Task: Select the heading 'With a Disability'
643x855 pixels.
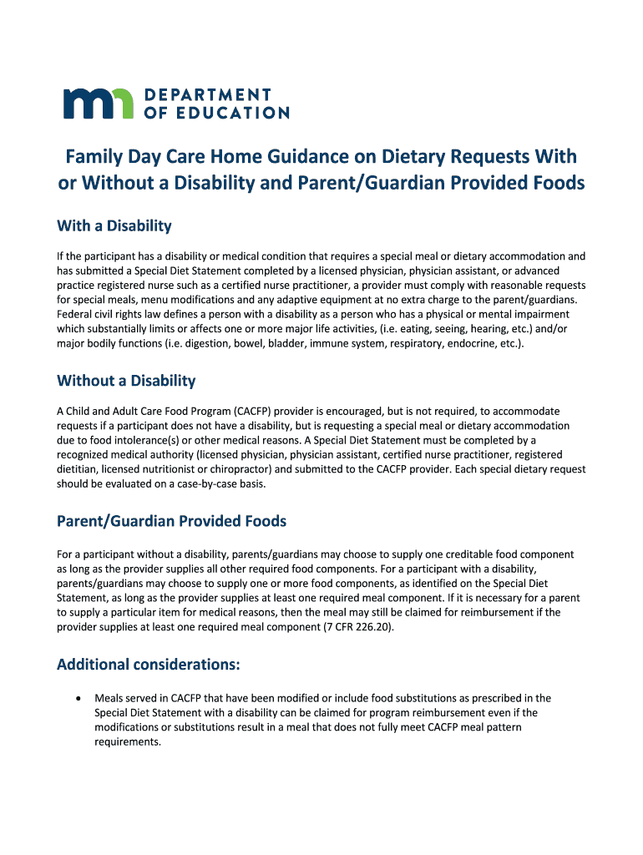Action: [114, 225]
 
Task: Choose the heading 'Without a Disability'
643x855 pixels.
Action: [126, 381]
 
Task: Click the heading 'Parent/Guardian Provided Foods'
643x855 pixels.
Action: [171, 521]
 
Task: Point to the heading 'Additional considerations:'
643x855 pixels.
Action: [149, 665]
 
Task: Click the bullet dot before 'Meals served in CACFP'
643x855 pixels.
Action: [78, 698]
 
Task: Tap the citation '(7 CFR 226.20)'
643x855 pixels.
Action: [357, 627]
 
